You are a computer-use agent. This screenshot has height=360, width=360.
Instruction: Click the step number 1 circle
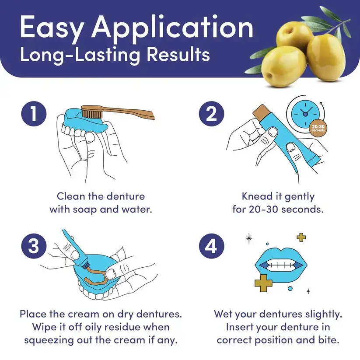coord(34,114)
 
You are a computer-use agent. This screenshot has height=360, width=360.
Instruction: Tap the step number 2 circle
coord(211,114)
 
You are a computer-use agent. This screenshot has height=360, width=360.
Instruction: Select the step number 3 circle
coord(34,246)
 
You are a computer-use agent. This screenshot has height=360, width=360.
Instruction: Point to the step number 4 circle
coord(211,246)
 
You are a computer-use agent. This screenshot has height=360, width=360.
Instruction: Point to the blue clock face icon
coord(305,113)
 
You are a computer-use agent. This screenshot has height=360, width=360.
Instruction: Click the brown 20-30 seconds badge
coord(318,128)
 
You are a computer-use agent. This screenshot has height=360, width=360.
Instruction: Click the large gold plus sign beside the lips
coord(263,283)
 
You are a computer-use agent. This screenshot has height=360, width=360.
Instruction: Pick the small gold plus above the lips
coord(301,237)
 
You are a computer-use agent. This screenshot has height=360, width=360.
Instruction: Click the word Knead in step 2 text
coord(257,196)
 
